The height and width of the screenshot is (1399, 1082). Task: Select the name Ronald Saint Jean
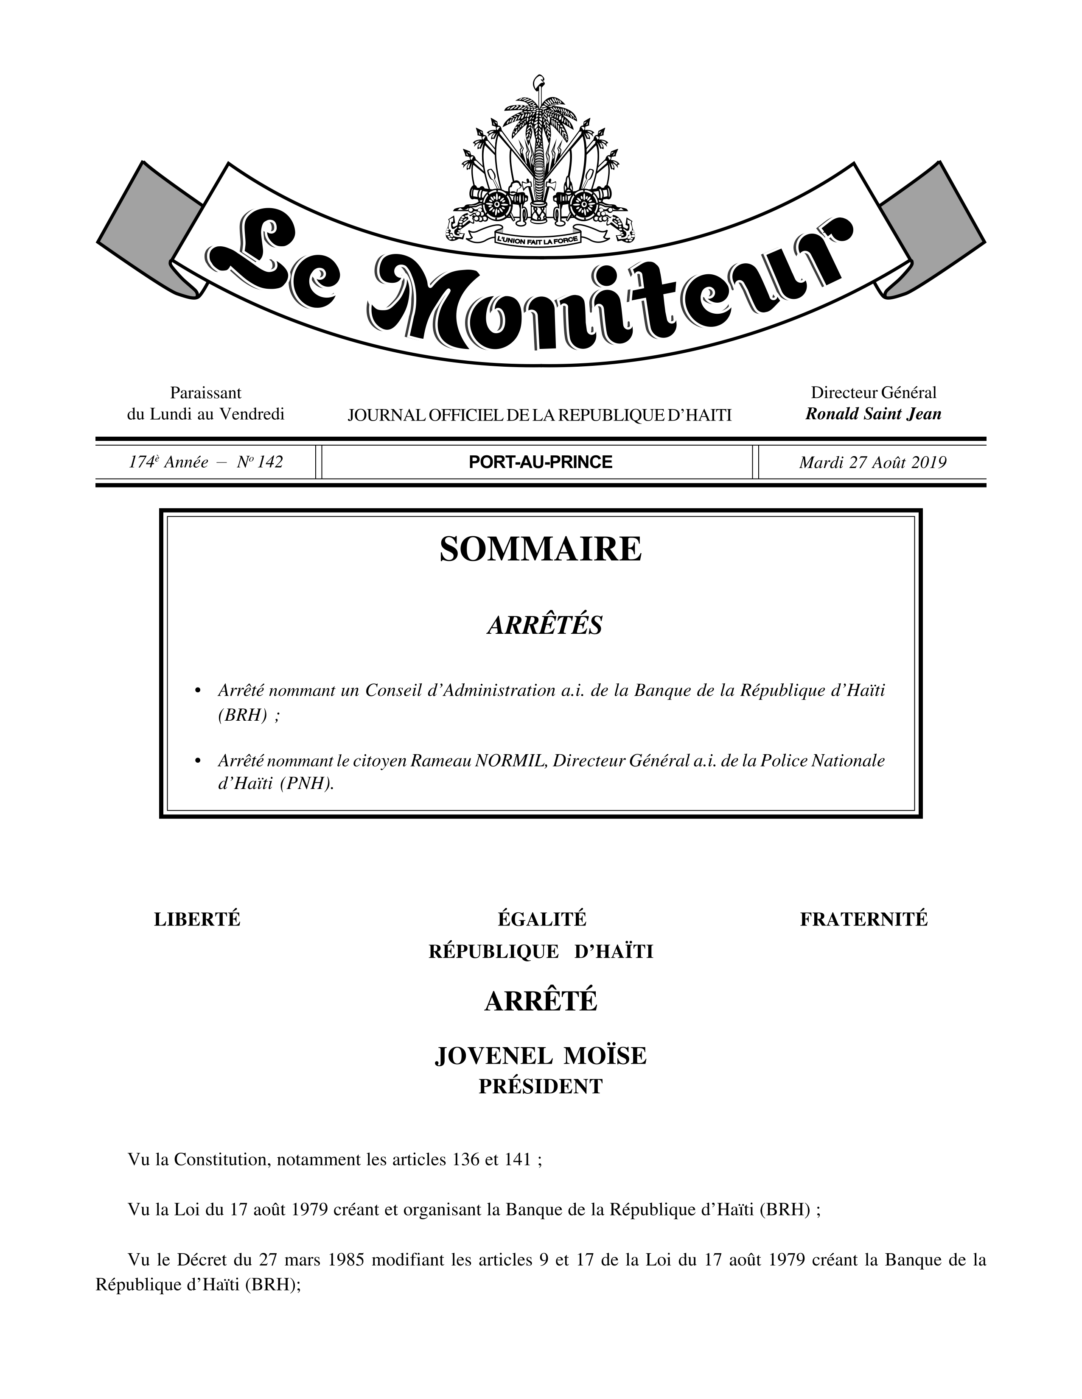tap(873, 414)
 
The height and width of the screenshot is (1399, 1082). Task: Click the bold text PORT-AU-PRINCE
tap(540, 462)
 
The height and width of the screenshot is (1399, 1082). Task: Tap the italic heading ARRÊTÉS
tap(544, 625)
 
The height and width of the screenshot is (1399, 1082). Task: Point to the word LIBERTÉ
tap(197, 919)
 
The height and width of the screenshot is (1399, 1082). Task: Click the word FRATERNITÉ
tap(863, 919)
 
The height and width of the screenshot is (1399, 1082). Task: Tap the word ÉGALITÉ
tap(542, 919)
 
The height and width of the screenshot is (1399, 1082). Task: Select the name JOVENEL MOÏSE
tap(540, 1056)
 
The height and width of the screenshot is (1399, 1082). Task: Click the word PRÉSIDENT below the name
tap(540, 1087)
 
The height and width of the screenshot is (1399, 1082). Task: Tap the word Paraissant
tap(205, 392)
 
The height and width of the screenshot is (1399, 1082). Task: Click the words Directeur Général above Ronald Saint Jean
tap(873, 392)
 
